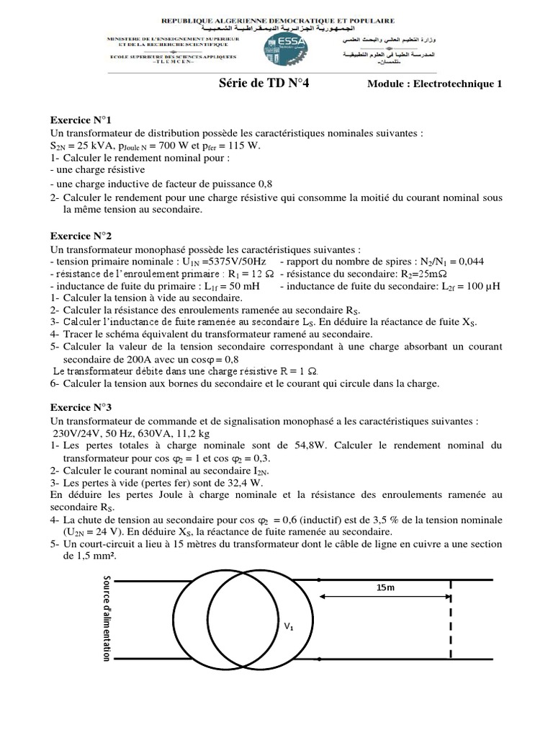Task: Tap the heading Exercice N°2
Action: pos(81,236)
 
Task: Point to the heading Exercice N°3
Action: pos(81,407)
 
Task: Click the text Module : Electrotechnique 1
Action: pos(433,84)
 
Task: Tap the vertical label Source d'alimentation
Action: pos(108,618)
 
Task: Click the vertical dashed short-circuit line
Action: pos(451,620)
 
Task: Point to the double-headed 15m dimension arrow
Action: pos(385,597)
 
